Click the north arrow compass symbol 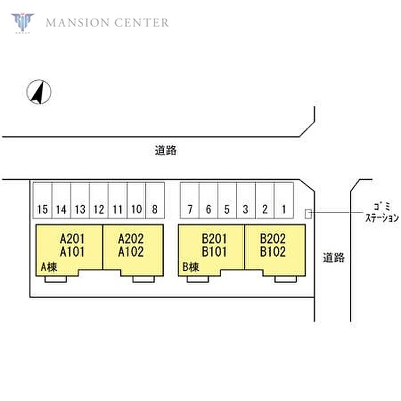40,92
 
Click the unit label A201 73,238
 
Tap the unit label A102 131,251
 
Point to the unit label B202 273,238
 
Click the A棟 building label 48,266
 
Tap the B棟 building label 190,266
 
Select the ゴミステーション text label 381,212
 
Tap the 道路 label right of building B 333,257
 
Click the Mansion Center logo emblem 22,22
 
